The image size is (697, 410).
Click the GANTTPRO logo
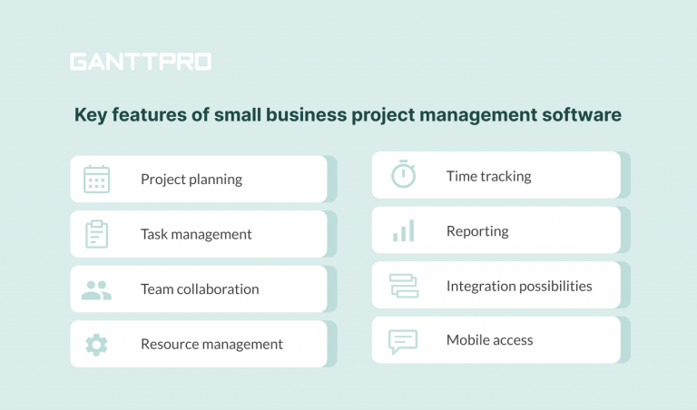[x=141, y=62]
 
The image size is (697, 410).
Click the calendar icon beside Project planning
[x=96, y=179]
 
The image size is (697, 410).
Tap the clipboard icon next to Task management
[x=96, y=234]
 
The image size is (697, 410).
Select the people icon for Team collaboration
[x=96, y=289]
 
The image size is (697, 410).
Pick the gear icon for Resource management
[x=96, y=345]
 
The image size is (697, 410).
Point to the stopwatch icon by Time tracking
[x=403, y=175]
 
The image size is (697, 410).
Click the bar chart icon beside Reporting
[x=403, y=231]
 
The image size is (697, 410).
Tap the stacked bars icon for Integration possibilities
[x=403, y=286]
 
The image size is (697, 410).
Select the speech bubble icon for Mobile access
[x=403, y=341]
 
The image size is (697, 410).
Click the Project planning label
[x=191, y=180]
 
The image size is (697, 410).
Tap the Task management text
[x=196, y=234]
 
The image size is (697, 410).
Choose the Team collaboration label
[x=200, y=289]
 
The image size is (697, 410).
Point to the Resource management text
[x=211, y=345]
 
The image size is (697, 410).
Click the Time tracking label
[x=488, y=176]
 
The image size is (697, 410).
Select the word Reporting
[x=477, y=231]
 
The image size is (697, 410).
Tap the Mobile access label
[x=489, y=340]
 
